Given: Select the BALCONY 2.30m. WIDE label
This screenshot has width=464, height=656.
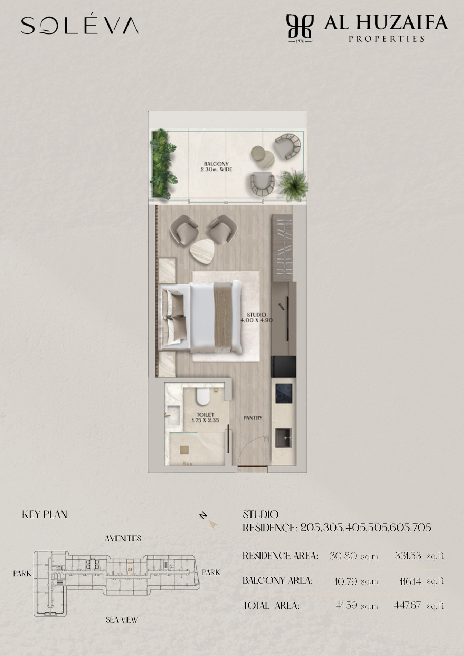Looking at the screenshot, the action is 216,167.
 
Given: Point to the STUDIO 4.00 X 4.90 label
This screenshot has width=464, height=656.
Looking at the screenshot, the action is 256,317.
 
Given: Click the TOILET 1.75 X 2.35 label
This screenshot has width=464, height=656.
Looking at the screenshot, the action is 205,417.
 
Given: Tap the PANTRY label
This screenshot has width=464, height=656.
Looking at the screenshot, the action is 253,418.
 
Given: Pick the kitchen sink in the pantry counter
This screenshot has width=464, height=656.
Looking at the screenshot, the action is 284,438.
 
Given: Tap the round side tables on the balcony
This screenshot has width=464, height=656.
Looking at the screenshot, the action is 263,156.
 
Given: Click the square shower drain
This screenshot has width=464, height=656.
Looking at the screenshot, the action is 185,449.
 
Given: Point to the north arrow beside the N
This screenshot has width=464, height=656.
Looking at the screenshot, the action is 213,525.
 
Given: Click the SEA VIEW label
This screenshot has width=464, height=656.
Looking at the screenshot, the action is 122,620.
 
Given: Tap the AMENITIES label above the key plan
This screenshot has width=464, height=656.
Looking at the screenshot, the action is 123,538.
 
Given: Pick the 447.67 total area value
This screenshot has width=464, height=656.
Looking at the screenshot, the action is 407,605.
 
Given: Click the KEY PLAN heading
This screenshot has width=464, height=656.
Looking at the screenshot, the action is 45,514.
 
